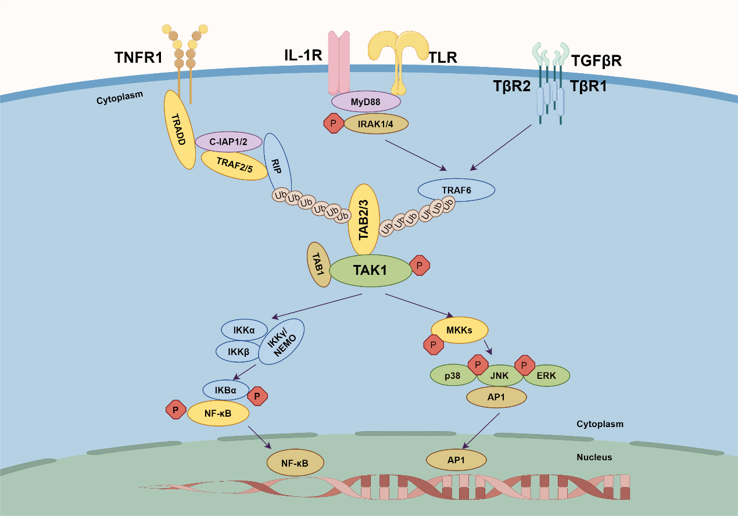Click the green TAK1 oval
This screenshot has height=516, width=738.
pos(370,270)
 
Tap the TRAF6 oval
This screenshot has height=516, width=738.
pos(457,189)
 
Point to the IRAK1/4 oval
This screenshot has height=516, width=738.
pos(377,123)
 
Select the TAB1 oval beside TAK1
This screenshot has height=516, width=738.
pos(318,264)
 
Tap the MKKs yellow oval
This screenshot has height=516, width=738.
pos(459,330)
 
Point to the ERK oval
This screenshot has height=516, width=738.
pos(546,376)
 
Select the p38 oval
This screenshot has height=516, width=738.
pos(453,376)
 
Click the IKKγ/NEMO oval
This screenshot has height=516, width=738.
pos(281,342)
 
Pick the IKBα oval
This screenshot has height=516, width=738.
pos(225,389)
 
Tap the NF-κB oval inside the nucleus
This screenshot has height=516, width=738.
pos(295,464)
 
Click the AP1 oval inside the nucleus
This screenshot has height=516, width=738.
pos(456,459)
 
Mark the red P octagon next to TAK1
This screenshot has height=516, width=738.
pos(420,265)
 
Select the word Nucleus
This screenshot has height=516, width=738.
pos(594,457)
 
